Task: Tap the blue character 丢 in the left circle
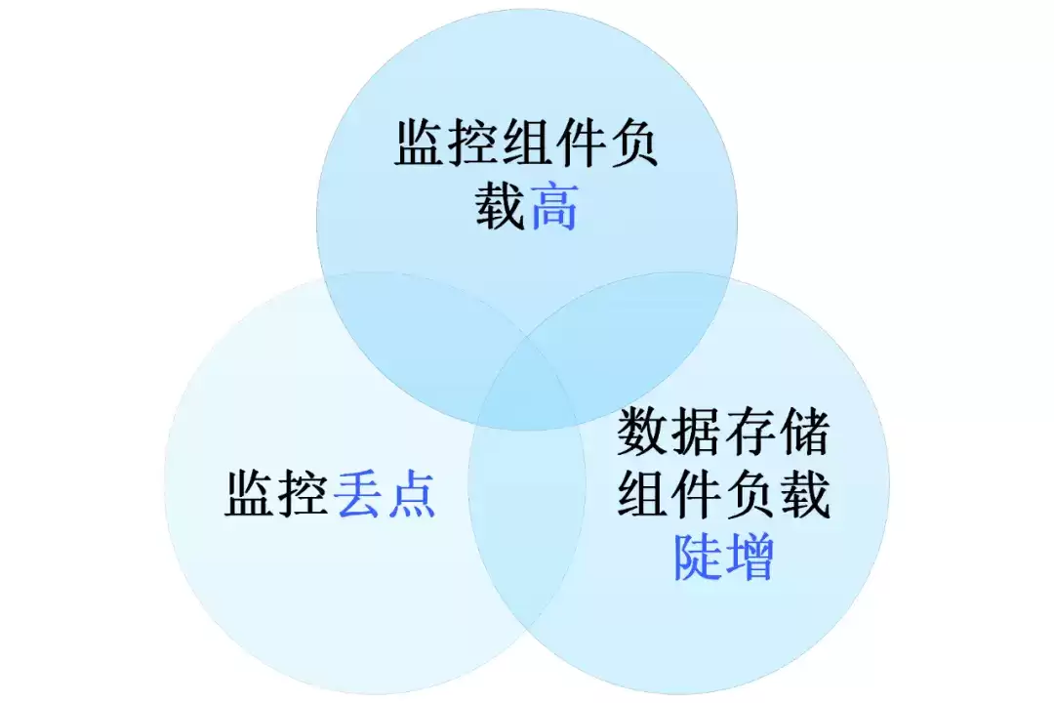tap(358, 494)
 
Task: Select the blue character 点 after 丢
tap(412, 494)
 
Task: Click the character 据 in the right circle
tap(696, 432)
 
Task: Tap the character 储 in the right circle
tap(804, 432)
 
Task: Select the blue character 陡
tap(697, 557)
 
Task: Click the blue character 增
tap(750, 557)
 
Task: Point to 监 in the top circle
tap(419, 143)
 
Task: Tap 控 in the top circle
tap(472, 143)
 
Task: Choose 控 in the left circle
tap(304, 494)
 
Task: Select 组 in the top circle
tap(527, 143)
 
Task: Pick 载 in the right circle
tap(804, 494)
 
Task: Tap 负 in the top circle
tap(634, 143)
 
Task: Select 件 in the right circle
tap(696, 494)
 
